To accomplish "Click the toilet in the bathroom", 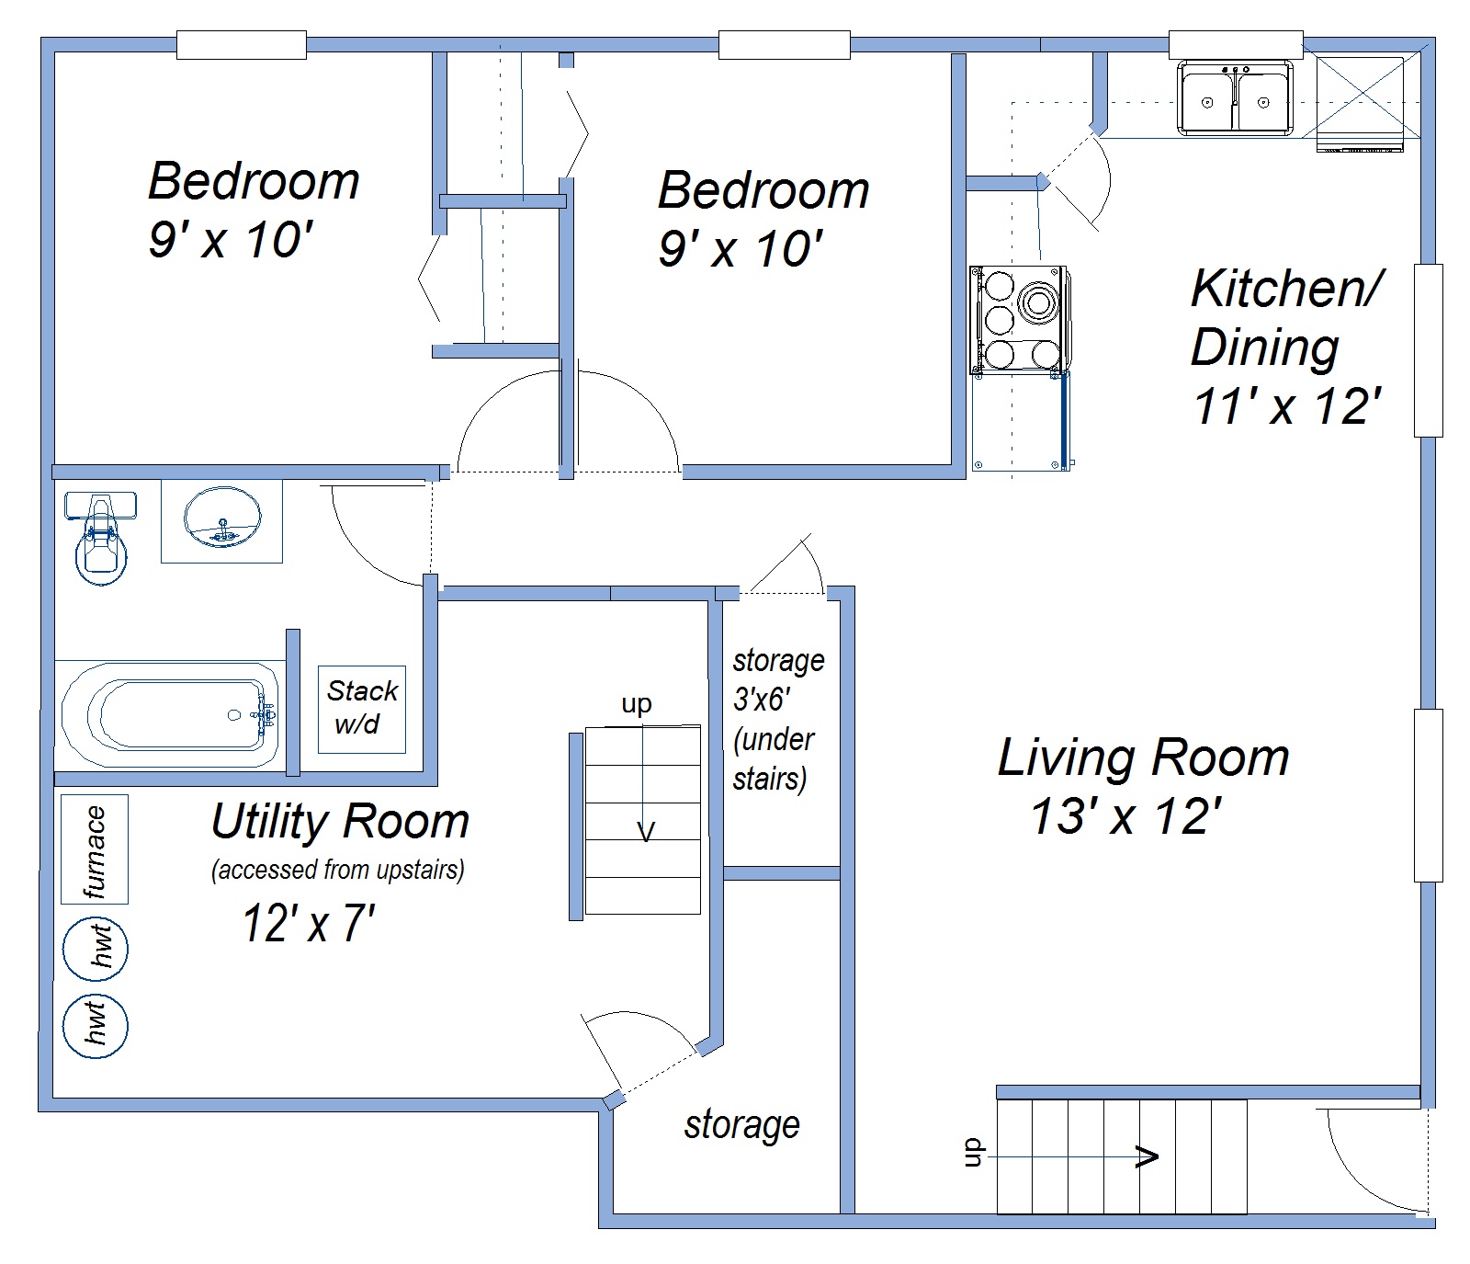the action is coord(100,538).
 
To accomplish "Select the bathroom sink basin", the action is coord(222,517).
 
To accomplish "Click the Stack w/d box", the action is coord(362,709).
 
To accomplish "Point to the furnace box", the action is coord(95,849).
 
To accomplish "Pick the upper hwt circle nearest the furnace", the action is coord(96,949).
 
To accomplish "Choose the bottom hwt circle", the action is coord(96,1025).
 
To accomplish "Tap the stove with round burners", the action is coord(1019,320).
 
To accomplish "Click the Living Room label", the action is coord(1144,757).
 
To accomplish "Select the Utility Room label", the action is coord(340,821).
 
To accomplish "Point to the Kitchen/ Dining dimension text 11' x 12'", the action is coord(1287,405).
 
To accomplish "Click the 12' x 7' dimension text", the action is coord(309,923).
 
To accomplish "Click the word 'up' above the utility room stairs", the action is coord(637,705).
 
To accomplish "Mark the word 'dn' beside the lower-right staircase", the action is coord(973,1154).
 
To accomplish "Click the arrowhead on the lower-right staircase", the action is coord(1148,1156).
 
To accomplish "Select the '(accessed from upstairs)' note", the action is coord(338,870).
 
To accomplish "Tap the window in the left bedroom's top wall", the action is coord(241,44).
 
